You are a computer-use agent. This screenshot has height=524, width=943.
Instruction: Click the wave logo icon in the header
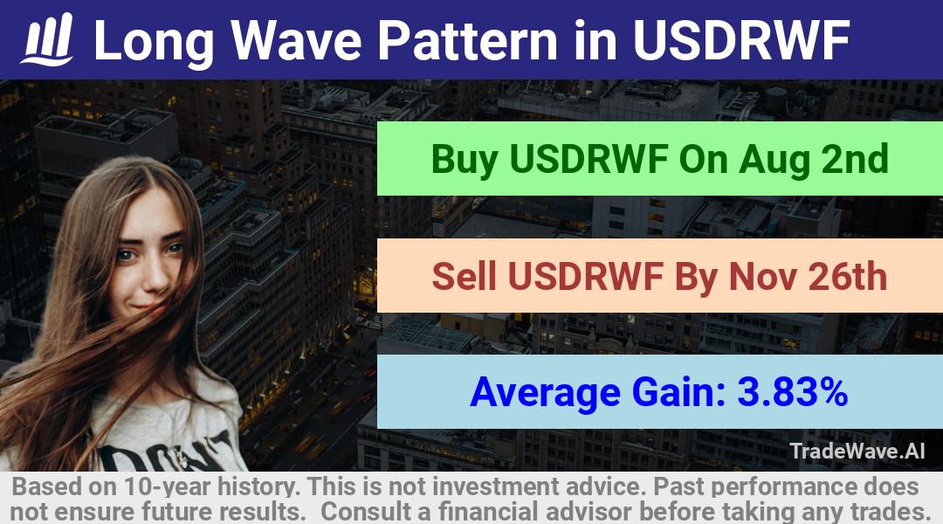tap(47, 39)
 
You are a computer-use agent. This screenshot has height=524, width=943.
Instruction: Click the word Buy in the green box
tap(465, 160)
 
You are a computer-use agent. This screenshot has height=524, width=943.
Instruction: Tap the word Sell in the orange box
tap(465, 276)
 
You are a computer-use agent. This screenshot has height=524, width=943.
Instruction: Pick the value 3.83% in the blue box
tap(793, 391)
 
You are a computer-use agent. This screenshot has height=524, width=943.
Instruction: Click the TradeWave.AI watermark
tap(857, 451)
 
